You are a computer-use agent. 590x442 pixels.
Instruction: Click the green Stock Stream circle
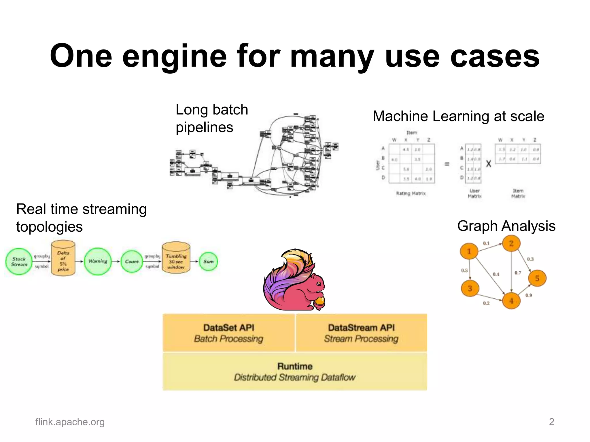click(x=19, y=262)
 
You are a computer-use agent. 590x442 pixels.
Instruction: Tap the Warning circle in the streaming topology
click(x=98, y=261)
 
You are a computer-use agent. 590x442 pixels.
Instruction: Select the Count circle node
click(x=132, y=262)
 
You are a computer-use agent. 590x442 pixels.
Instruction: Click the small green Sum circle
click(x=208, y=262)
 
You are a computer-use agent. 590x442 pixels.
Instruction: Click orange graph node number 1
click(x=469, y=251)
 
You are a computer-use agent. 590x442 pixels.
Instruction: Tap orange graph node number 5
click(x=537, y=278)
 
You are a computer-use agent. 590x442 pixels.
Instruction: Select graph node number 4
click(x=511, y=301)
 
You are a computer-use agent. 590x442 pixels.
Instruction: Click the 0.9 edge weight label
click(x=529, y=295)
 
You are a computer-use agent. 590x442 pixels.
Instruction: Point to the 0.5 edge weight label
click(x=464, y=270)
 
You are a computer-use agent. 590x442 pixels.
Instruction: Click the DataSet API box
click(x=229, y=333)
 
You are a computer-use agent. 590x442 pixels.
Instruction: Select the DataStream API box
click(x=361, y=333)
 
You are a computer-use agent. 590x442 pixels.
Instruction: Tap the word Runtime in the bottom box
click(x=295, y=366)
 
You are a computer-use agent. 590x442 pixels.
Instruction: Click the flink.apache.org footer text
click(x=70, y=422)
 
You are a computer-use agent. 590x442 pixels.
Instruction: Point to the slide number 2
click(x=551, y=422)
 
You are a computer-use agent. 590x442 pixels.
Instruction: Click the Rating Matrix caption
click(x=411, y=193)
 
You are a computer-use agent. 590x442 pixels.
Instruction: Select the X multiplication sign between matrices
click(x=489, y=164)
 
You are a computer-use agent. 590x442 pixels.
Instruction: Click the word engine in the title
click(x=175, y=56)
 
